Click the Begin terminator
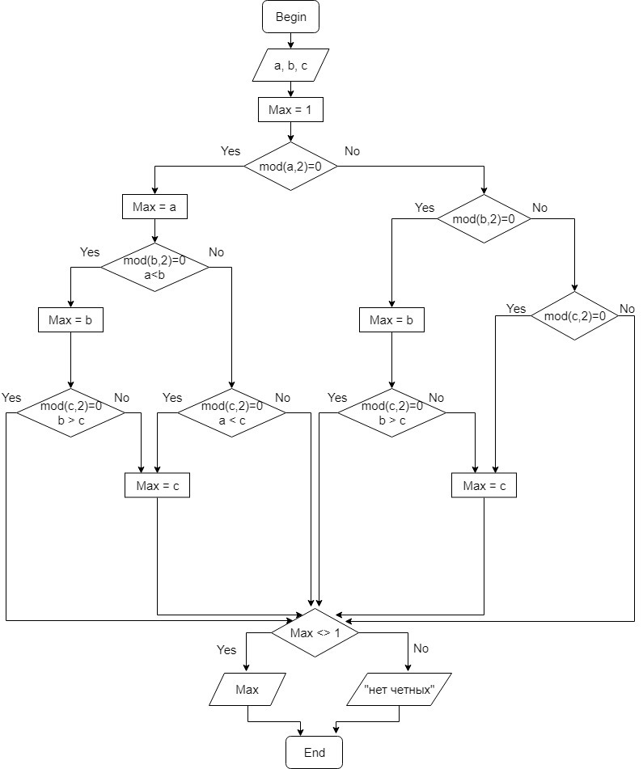291,17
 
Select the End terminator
314,752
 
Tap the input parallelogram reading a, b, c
290,66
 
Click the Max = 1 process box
290,109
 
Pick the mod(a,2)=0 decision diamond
291,167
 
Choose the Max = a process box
154,208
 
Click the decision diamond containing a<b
154,268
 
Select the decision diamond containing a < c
232,412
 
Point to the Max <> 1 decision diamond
315,632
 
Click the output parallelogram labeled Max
247,690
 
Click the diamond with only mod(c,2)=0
574,315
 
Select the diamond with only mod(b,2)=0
484,218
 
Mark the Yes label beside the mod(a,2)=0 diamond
231,151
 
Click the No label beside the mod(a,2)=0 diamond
353,151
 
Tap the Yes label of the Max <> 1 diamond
226,649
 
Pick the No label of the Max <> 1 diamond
421,649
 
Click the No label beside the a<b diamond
216,252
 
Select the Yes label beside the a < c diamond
172,397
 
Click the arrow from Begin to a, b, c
291,40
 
